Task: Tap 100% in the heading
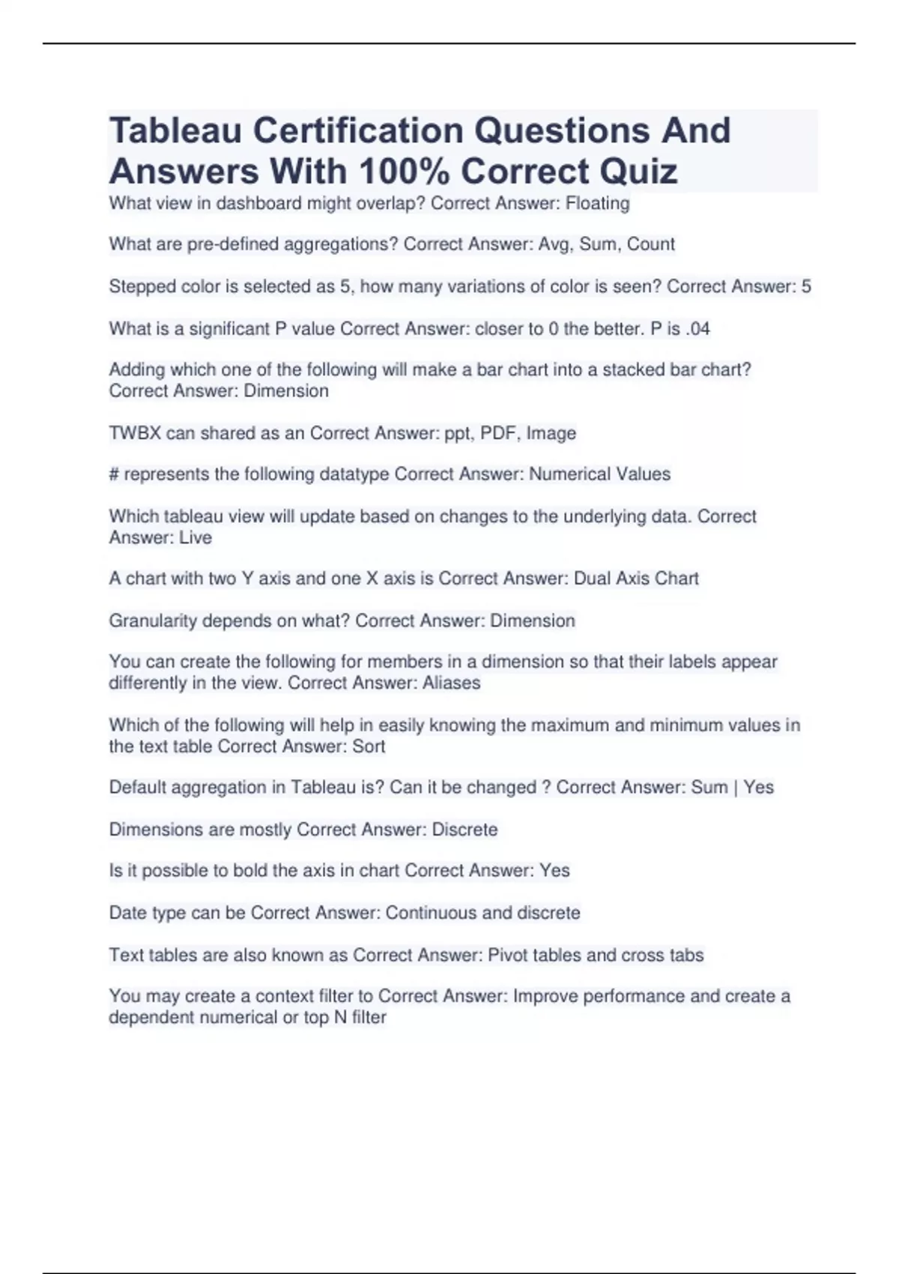click(x=404, y=172)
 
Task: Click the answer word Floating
click(x=597, y=203)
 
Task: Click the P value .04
click(x=697, y=328)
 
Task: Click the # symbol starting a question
click(x=114, y=474)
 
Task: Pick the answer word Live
click(x=196, y=537)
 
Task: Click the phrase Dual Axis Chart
click(x=636, y=579)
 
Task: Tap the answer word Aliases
click(x=451, y=683)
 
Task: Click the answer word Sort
click(x=369, y=746)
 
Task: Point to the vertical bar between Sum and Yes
click(x=736, y=788)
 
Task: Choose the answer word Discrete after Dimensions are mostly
click(x=464, y=830)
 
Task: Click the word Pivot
click(x=506, y=955)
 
